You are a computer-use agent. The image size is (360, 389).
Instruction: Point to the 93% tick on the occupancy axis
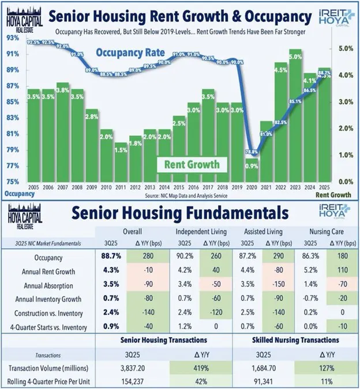(12, 39)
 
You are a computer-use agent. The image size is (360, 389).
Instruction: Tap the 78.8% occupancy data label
(251, 152)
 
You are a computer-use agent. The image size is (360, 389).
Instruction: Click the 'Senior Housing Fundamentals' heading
(180, 213)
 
